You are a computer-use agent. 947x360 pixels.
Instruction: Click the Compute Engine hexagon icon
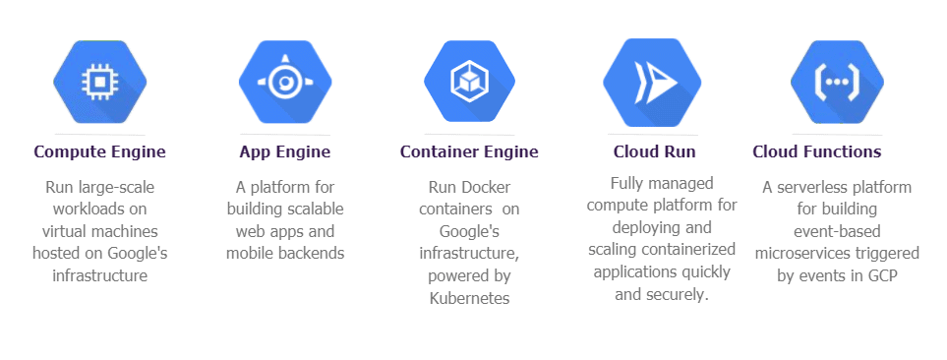pyautogui.click(x=99, y=84)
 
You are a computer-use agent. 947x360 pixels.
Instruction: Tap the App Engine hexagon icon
pyautogui.click(x=285, y=84)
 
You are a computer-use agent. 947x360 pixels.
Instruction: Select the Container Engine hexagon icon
pyautogui.click(x=469, y=84)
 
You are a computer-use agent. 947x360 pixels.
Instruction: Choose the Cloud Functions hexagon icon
pyautogui.click(x=837, y=84)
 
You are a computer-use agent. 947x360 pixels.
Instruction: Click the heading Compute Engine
pyautogui.click(x=99, y=151)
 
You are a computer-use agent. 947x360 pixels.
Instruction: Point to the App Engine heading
pyautogui.click(x=284, y=151)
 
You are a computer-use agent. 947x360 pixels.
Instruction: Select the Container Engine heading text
pyautogui.click(x=469, y=151)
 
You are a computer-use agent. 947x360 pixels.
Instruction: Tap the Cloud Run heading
pyautogui.click(x=654, y=151)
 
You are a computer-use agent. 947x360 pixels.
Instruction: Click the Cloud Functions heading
pyautogui.click(x=816, y=151)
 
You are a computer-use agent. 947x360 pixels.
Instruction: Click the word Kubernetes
pyautogui.click(x=469, y=298)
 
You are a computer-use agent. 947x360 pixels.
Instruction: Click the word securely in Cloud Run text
pyautogui.click(x=679, y=294)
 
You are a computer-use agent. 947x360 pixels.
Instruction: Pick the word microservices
pyautogui.click(x=801, y=254)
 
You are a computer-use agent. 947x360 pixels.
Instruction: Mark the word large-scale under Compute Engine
pyautogui.click(x=114, y=186)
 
